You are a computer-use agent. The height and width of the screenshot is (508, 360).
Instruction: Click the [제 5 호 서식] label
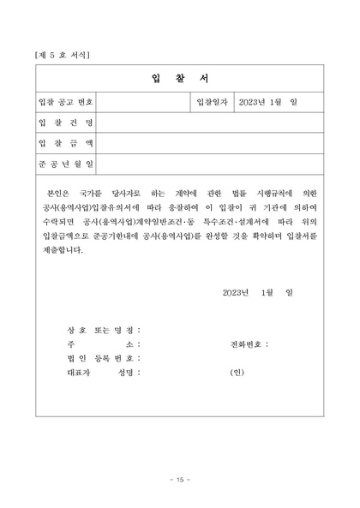63,55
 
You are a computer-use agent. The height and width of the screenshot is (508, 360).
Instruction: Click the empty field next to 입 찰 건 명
211,123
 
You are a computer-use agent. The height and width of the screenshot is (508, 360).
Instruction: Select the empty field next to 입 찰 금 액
211,142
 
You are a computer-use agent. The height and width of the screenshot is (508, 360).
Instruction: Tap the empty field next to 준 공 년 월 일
211,162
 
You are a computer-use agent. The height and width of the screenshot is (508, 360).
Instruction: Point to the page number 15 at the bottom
179,477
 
